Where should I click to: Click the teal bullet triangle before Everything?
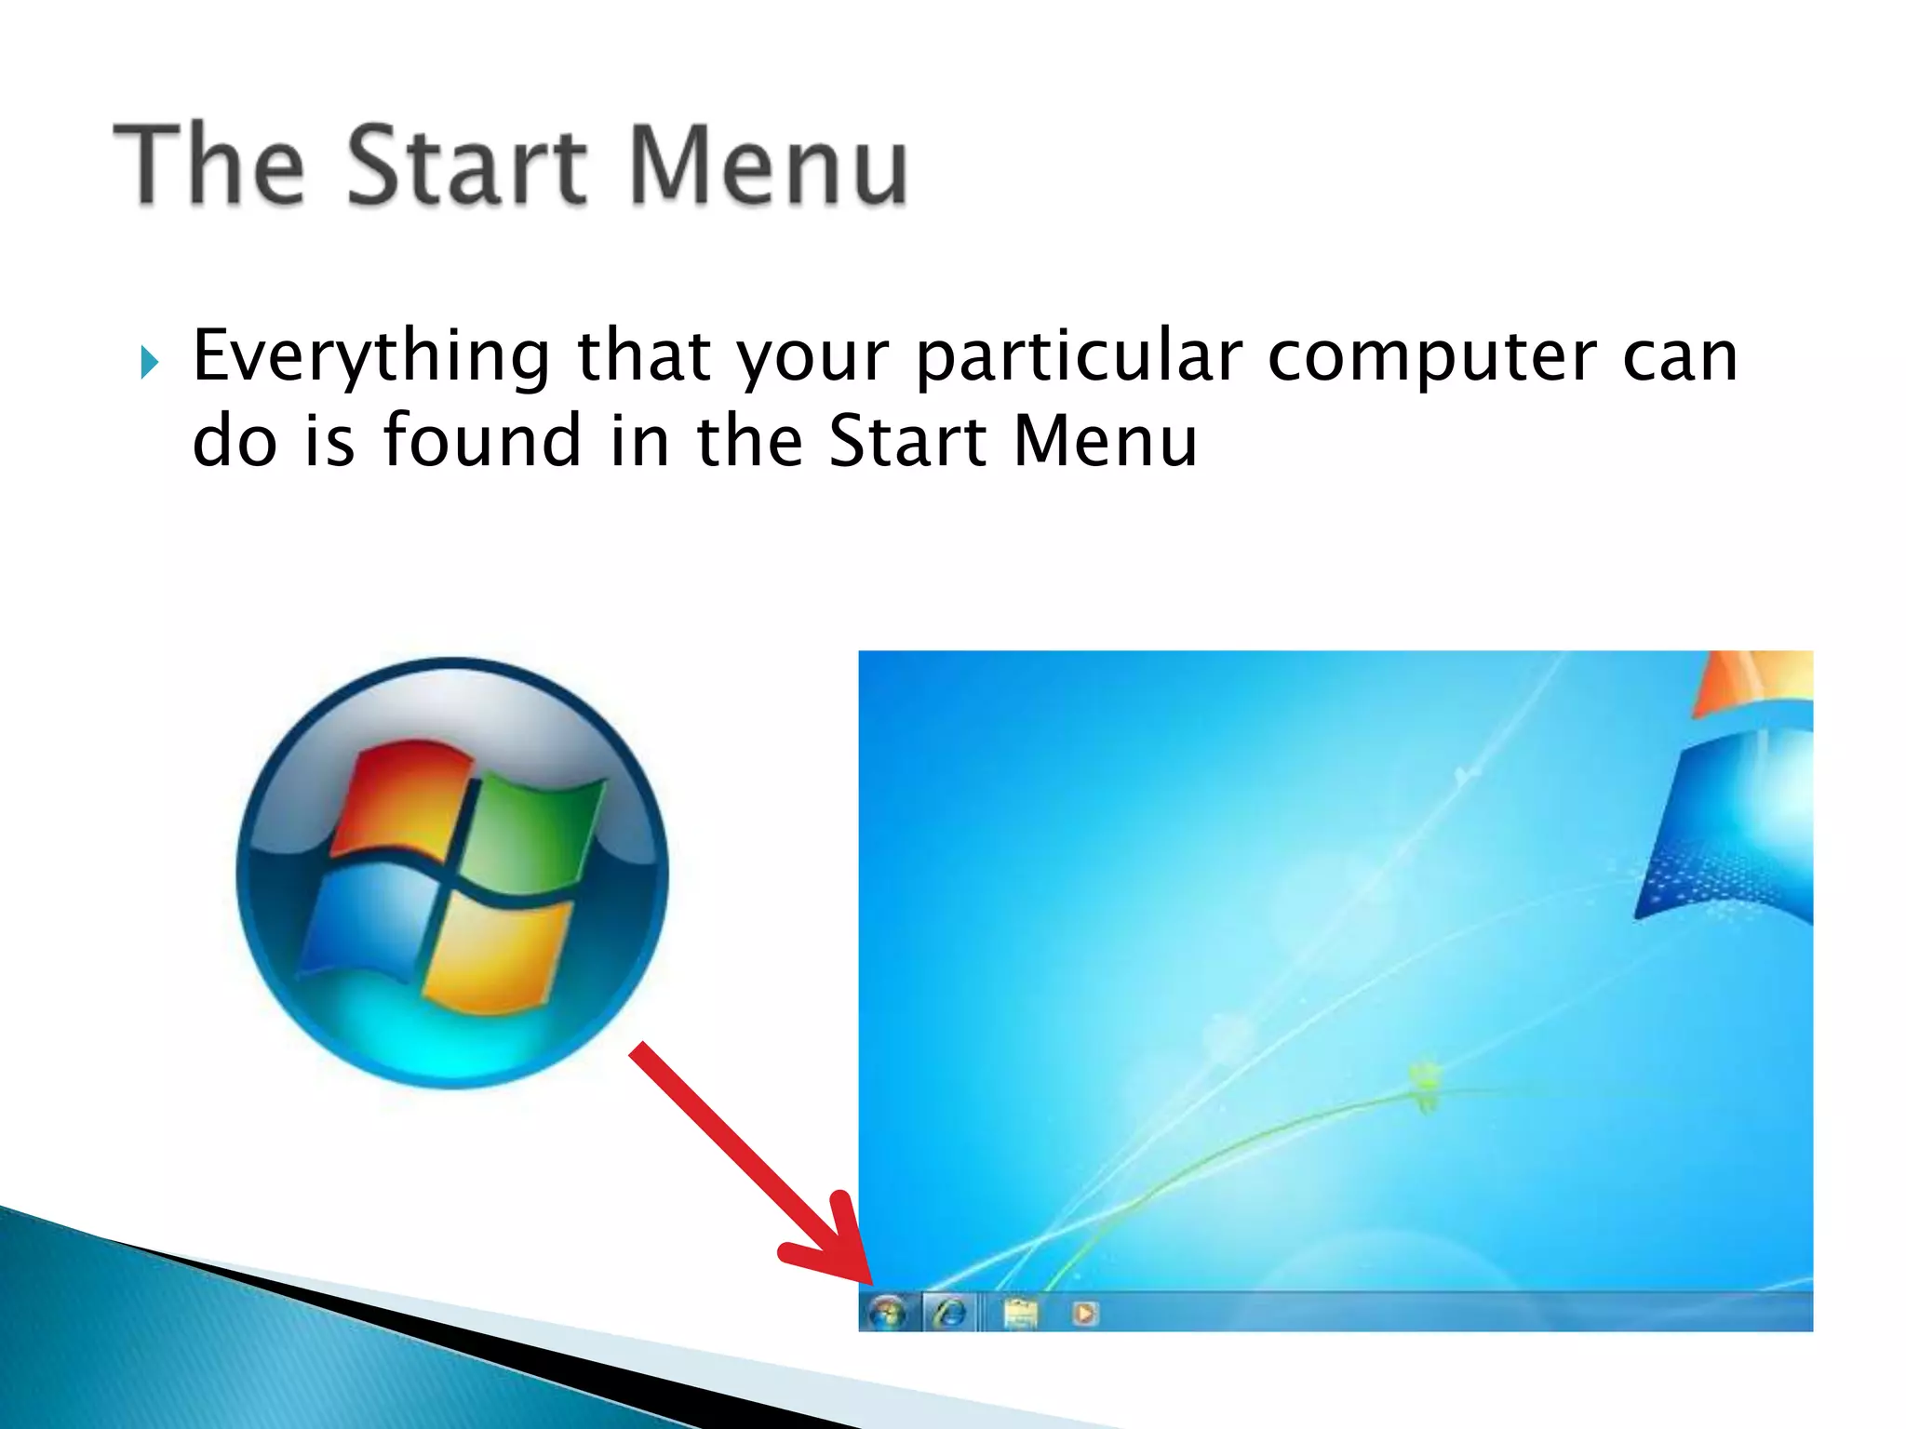149,361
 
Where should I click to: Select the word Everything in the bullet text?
371,356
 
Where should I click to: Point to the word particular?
1079,356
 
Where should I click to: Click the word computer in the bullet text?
1431,356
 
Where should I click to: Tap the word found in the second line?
482,440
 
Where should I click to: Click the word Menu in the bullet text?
1106,440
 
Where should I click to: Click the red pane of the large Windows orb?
400,800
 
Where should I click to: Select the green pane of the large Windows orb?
535,828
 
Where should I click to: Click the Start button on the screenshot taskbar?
887,1313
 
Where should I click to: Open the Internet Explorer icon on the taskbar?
949,1313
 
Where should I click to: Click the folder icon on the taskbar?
1020,1313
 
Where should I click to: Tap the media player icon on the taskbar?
1084,1313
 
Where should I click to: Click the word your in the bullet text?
812,356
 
